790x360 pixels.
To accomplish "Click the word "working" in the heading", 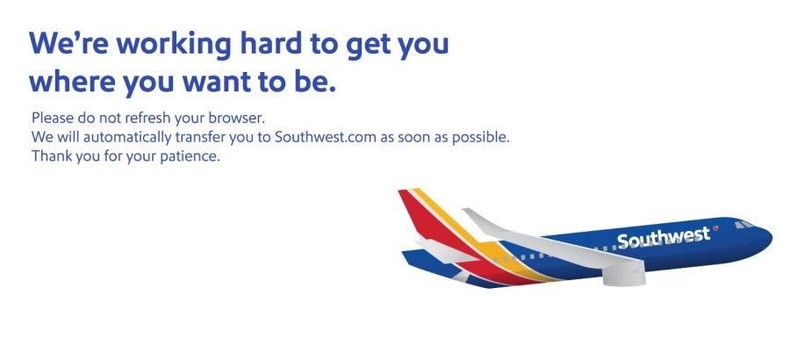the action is [174, 46].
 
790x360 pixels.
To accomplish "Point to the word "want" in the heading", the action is [217, 83].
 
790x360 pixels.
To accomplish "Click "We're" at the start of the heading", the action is [68, 43].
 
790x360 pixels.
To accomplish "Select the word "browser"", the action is [239, 118].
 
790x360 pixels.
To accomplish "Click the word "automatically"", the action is [127, 137].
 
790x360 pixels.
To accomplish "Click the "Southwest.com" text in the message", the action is [326, 137].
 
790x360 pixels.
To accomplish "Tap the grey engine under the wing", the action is [624, 274].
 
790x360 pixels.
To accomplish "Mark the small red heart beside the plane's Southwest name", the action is [715, 228].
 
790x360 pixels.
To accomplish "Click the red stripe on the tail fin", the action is [434, 222].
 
